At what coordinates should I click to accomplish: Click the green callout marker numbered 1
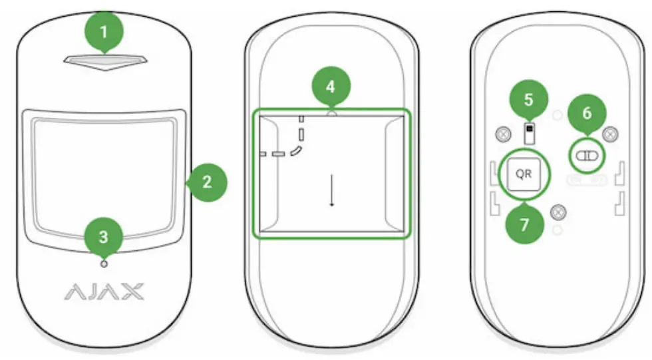tap(102, 31)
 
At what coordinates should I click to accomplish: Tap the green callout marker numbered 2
tap(207, 182)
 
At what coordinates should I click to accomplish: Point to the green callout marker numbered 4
tap(331, 87)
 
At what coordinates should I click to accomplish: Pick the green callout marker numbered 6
tap(586, 113)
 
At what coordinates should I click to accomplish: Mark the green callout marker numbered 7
tap(524, 223)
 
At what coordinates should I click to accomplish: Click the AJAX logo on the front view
tap(103, 291)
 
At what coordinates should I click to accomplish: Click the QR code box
tap(524, 174)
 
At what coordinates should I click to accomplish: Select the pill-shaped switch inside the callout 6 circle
tap(587, 155)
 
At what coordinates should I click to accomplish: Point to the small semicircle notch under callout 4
tap(331, 114)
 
